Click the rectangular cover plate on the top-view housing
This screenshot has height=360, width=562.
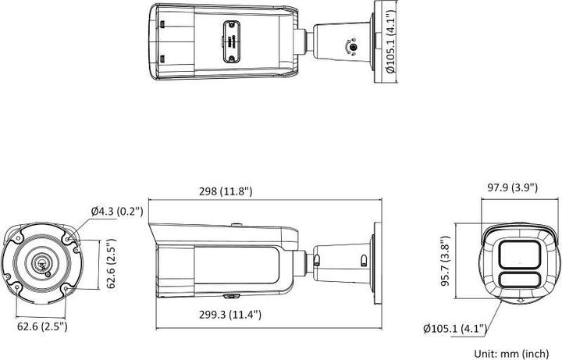coord(230,38)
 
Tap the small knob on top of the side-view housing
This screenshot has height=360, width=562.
coord(234,227)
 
